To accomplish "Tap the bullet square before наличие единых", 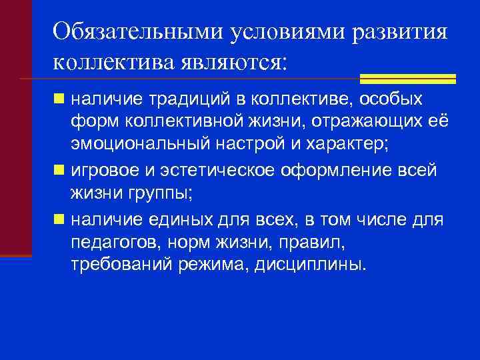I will tap(59, 219).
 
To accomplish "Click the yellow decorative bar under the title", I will tap(407, 79).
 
